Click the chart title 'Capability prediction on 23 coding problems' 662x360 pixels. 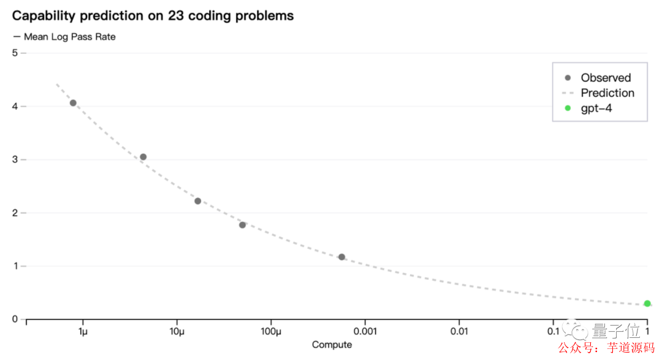click(x=153, y=15)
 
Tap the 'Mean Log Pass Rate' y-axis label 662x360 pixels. click(x=69, y=37)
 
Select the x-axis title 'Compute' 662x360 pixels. click(x=332, y=345)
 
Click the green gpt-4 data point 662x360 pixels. click(x=647, y=304)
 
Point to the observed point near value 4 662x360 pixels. click(x=73, y=103)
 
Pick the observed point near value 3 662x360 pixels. click(x=143, y=157)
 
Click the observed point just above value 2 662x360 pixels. click(x=198, y=201)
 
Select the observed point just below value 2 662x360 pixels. click(x=243, y=225)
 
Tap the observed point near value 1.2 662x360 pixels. click(x=342, y=257)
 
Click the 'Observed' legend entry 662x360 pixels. click(x=606, y=78)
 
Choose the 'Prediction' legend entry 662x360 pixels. click(x=607, y=93)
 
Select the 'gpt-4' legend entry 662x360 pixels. click(x=596, y=109)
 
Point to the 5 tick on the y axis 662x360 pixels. click(x=15, y=53)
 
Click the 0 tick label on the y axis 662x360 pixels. click(x=15, y=320)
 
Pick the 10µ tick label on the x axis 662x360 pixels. click(x=177, y=332)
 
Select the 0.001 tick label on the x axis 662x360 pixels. click(x=365, y=332)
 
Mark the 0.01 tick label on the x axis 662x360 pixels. click(x=459, y=332)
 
